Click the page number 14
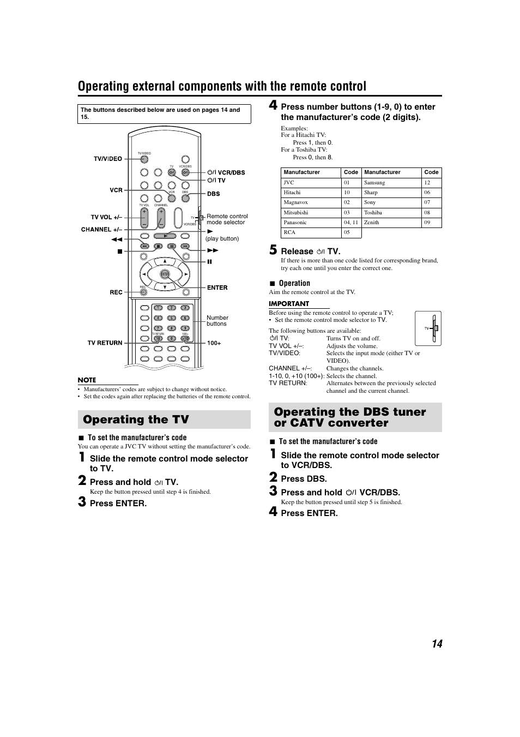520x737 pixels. click(x=437, y=644)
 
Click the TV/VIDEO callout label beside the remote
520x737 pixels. click(x=108, y=159)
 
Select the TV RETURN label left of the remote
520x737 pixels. click(x=105, y=343)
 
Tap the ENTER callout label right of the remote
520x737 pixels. click(x=217, y=287)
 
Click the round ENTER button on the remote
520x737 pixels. click(x=165, y=274)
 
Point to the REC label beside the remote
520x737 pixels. click(x=116, y=292)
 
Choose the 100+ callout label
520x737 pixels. click(x=214, y=343)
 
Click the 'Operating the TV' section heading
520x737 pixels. click(x=136, y=420)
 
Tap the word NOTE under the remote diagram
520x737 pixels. click(x=87, y=380)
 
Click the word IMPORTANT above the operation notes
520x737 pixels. click(x=289, y=304)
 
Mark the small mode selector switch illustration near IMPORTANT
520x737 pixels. click(x=428, y=328)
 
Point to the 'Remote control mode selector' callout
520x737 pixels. click(x=227, y=219)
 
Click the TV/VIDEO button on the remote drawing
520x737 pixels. click(x=144, y=159)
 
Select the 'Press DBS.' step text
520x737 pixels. click(x=304, y=479)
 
